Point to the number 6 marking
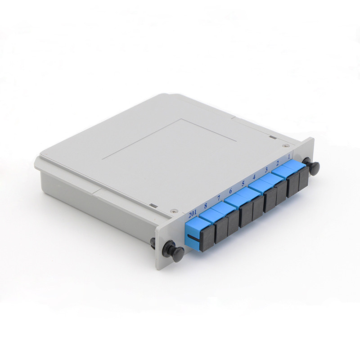(231, 191)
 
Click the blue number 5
(243, 183)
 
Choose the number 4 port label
(255, 177)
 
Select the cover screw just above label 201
(174, 210)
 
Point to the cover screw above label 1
(286, 145)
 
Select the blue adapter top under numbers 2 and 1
(286, 170)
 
